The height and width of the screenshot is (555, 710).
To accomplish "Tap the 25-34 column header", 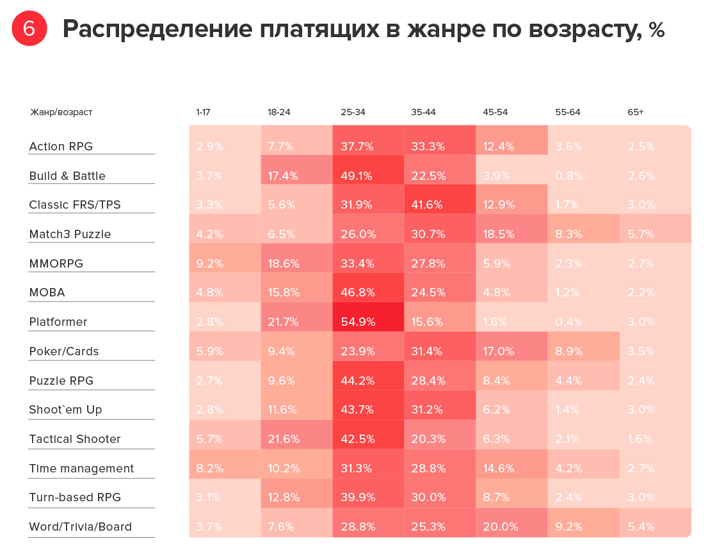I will [x=353, y=112].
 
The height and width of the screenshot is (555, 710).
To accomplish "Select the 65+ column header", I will [x=635, y=112].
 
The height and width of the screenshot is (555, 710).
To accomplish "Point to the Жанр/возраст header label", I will [x=61, y=112].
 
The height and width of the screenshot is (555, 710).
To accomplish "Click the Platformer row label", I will [x=58, y=321].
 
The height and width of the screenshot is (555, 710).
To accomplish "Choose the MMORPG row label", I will [x=56, y=263].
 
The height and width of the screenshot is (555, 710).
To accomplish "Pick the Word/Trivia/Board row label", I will [x=81, y=527].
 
